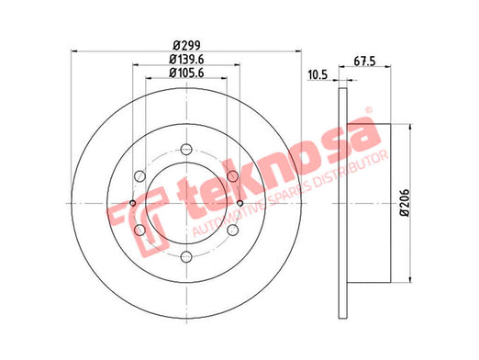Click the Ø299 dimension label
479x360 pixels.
[x=186, y=46]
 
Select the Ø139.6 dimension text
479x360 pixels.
[x=186, y=60]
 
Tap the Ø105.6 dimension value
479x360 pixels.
[x=186, y=73]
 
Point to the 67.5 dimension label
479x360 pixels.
[x=364, y=62]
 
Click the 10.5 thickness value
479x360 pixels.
[x=317, y=74]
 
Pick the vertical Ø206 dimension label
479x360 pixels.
[x=405, y=203]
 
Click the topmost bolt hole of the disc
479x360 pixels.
[x=186, y=150]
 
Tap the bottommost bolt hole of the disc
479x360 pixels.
[x=186, y=257]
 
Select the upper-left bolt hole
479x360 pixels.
[x=139, y=176]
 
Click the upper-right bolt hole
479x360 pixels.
[x=233, y=176]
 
